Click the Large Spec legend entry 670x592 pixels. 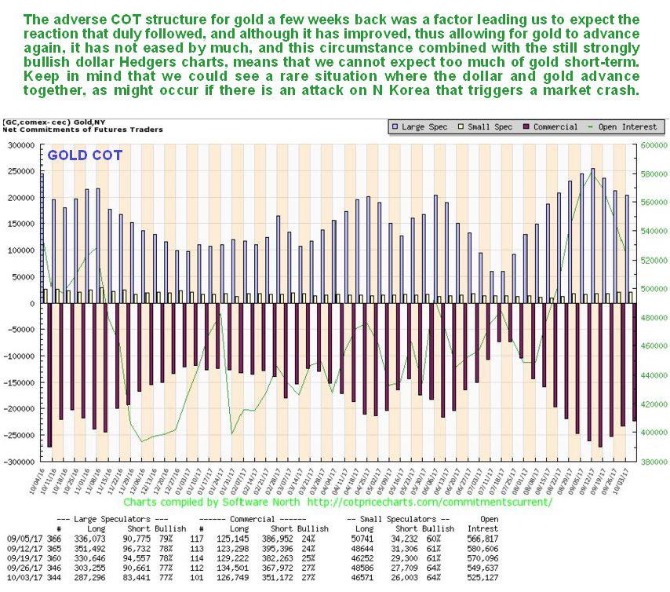(424, 127)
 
